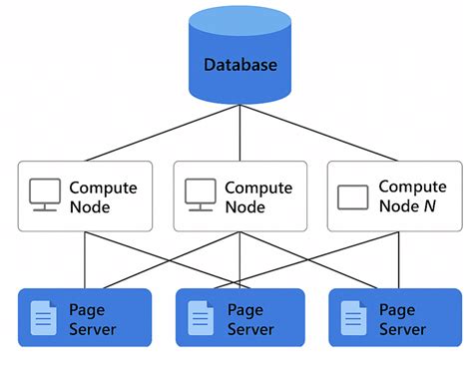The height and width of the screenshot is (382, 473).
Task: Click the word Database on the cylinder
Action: [240, 66]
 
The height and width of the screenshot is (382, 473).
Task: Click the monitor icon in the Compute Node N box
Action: [353, 196]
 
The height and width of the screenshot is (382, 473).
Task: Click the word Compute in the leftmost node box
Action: [103, 188]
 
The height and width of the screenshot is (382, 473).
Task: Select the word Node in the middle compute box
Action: [245, 207]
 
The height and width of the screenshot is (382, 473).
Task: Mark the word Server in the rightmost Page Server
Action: [402, 329]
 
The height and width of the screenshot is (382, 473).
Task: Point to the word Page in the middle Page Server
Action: [244, 310]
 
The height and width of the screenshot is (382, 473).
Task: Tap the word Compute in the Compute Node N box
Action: [412, 187]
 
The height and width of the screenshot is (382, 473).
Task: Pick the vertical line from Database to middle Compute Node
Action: [239, 135]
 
